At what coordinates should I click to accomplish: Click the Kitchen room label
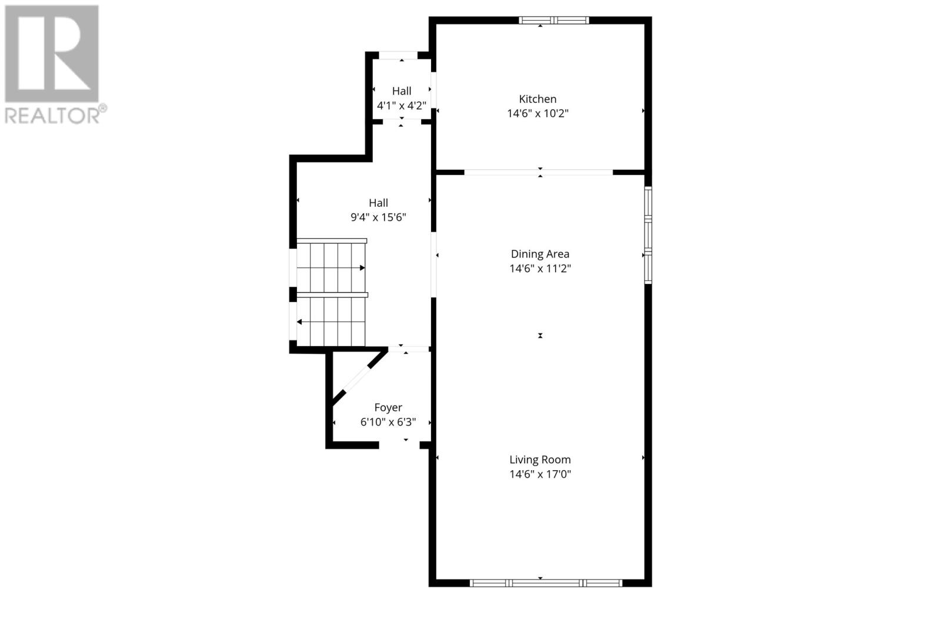[x=538, y=99]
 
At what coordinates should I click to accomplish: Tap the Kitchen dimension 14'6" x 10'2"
[x=538, y=113]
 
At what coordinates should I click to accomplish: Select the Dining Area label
[x=540, y=254]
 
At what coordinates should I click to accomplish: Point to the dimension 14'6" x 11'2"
[x=540, y=268]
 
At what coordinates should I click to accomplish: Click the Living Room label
[x=540, y=460]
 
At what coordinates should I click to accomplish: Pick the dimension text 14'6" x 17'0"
[x=540, y=474]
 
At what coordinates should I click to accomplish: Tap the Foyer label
[x=388, y=407]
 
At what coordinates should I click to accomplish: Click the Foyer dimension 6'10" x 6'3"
[x=388, y=422]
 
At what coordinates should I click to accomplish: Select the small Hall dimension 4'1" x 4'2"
[x=402, y=105]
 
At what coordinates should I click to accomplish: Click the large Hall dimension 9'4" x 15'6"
[x=379, y=217]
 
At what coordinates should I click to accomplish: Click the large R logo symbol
[x=52, y=53]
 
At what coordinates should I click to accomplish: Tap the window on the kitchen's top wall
[x=553, y=20]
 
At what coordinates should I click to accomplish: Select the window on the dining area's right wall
[x=648, y=235]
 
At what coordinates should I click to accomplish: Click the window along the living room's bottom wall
[x=546, y=582]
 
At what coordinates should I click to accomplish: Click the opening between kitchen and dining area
[x=539, y=172]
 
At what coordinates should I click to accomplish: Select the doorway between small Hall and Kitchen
[x=433, y=91]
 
